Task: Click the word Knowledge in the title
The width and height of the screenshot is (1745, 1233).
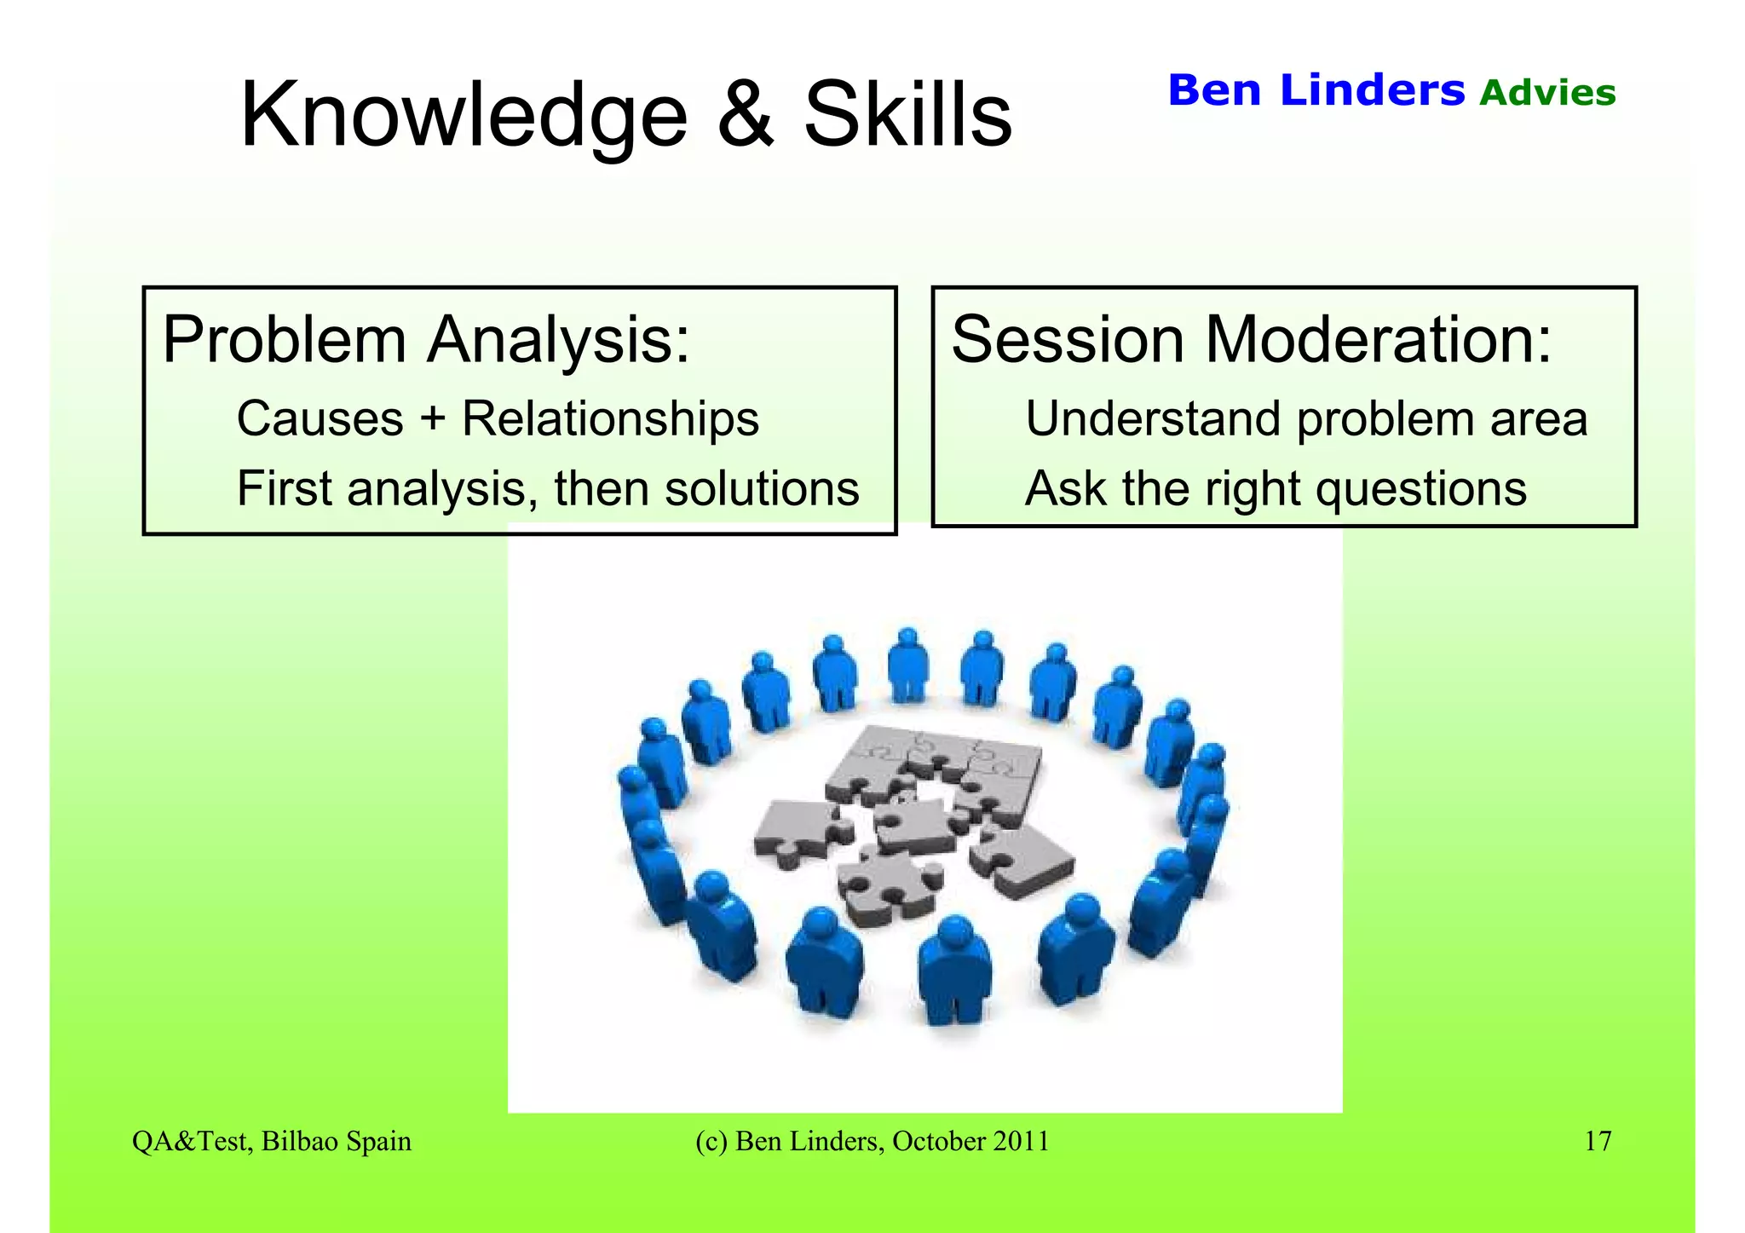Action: tap(464, 115)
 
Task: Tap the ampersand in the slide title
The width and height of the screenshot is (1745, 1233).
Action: tap(746, 115)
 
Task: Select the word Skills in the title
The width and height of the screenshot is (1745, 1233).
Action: tap(907, 115)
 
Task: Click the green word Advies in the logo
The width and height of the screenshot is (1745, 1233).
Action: tap(1547, 93)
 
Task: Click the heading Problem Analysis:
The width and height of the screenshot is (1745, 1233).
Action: tap(425, 340)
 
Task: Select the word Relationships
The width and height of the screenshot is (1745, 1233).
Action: tap(610, 418)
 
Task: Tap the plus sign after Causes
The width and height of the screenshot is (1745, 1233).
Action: tap(432, 419)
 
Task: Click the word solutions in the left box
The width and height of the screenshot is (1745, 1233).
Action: tap(762, 489)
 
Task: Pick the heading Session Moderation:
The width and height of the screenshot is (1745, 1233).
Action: tap(1251, 340)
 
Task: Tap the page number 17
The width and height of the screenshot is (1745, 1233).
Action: tap(1598, 1141)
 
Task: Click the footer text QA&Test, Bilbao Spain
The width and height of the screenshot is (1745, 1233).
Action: tap(272, 1141)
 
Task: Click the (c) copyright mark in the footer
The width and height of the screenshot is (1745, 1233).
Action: tap(711, 1141)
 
